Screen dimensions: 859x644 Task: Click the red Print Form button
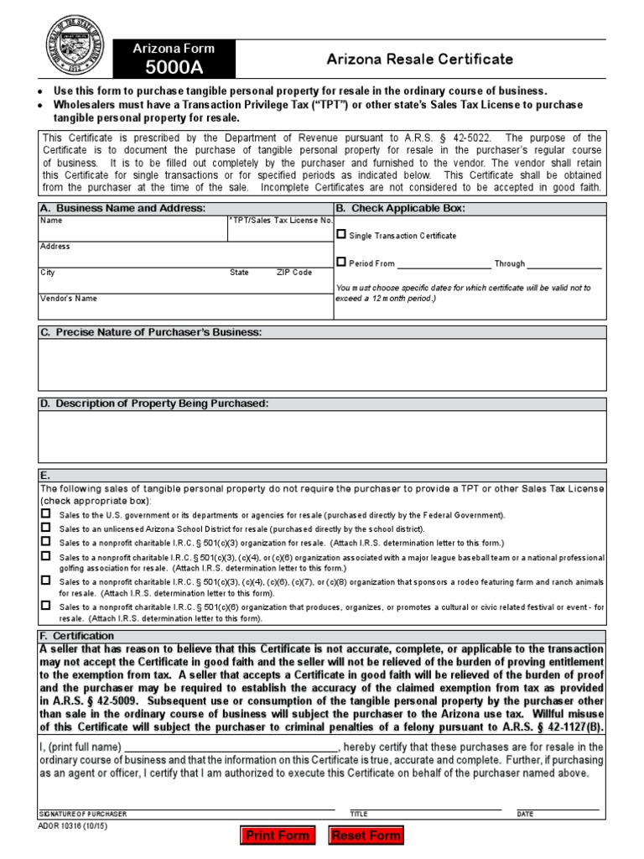(x=276, y=836)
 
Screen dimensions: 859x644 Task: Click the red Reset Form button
(x=366, y=836)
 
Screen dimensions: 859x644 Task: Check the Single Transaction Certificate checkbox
(x=340, y=235)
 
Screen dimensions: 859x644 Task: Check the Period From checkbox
(x=340, y=262)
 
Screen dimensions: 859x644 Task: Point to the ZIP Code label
(x=294, y=273)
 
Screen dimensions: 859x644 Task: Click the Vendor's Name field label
(x=69, y=298)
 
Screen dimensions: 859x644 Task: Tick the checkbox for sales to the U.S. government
(x=46, y=513)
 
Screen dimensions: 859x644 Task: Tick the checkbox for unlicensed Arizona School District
(x=46, y=528)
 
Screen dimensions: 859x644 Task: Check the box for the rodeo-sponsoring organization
(x=46, y=580)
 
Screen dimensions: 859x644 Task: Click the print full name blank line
(x=231, y=748)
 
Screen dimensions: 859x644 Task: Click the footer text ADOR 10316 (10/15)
(x=74, y=825)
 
